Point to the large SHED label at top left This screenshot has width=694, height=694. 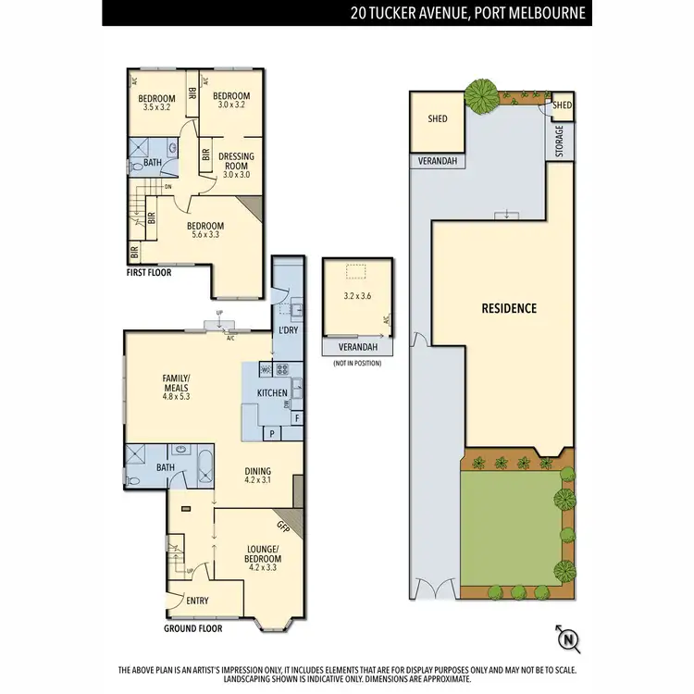tap(438, 118)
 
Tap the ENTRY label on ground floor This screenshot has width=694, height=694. tap(197, 601)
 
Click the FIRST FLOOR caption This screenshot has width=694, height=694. tap(149, 273)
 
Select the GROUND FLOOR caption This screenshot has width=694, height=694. tap(192, 628)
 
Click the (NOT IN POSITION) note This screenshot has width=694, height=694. tap(356, 364)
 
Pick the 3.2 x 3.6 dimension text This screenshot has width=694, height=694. tap(356, 298)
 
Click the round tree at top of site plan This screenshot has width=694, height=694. tap(479, 92)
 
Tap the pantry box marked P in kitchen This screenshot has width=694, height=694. tap(273, 432)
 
